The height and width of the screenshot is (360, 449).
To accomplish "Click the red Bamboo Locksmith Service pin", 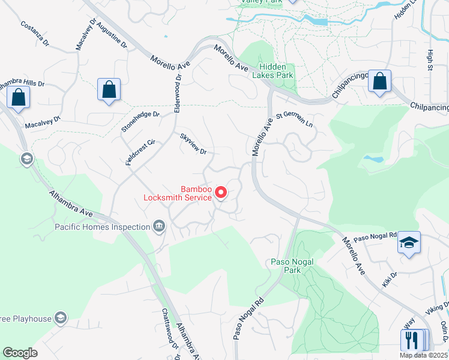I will (x=221, y=192).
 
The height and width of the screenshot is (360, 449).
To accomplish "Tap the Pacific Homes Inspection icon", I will (x=159, y=227).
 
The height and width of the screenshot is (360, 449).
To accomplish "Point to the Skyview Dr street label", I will (x=193, y=143).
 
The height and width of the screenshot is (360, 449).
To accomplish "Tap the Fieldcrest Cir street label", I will (x=140, y=152).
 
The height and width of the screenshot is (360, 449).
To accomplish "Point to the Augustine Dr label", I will (x=112, y=35).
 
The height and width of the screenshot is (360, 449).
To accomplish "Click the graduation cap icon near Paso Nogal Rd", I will (x=409, y=242).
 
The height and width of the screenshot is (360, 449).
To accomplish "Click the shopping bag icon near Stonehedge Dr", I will (x=109, y=90).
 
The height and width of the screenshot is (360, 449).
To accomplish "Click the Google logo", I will (x=20, y=353).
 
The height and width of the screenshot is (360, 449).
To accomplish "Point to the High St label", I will (x=430, y=59).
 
